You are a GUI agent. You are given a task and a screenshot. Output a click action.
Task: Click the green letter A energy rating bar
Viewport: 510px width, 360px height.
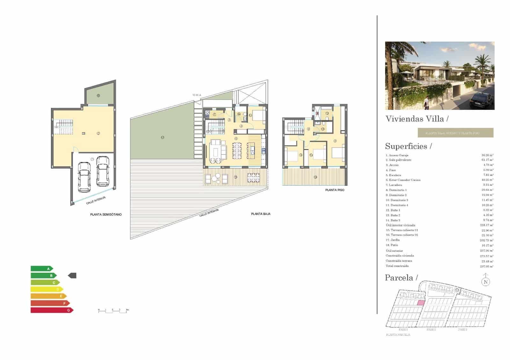41,269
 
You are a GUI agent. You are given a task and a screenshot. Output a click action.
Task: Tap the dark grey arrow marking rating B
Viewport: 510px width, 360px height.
73,276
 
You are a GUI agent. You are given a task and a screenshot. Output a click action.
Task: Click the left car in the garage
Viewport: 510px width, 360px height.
84,177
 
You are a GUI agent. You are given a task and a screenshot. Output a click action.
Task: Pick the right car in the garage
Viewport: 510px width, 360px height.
103,171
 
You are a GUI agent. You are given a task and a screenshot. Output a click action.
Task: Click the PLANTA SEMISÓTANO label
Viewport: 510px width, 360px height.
106,214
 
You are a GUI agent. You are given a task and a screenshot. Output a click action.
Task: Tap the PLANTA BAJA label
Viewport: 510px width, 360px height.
261,214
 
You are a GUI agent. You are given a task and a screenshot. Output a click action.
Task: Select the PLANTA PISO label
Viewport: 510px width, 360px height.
335,190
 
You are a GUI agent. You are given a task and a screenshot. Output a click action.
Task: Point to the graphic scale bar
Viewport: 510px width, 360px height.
113,311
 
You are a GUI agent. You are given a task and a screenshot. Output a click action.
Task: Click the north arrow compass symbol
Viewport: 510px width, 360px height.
485,281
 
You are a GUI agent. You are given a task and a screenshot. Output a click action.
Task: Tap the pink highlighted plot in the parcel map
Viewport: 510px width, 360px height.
421,303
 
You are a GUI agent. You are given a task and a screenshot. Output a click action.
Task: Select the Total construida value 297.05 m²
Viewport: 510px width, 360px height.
486,266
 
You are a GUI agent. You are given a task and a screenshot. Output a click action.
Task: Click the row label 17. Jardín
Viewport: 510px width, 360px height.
393,240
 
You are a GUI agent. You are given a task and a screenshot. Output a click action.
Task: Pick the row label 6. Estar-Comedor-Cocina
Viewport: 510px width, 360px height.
404,180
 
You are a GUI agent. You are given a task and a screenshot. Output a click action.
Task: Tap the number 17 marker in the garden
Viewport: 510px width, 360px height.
163,138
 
